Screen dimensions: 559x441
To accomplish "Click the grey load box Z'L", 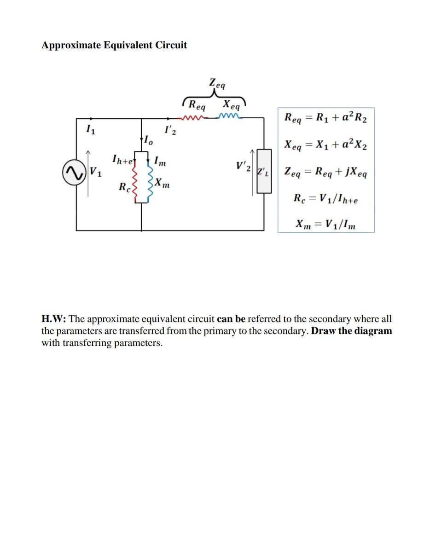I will click(x=263, y=171).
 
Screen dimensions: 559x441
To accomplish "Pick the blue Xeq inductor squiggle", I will click(x=230, y=116).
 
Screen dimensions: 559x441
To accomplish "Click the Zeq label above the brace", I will click(x=217, y=84).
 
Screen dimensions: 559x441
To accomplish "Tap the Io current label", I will click(x=147, y=140).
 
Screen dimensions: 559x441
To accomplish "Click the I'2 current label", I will click(x=169, y=131).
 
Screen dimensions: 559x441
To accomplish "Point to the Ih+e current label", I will click(x=122, y=160).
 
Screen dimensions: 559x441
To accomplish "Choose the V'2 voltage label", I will click(x=243, y=167).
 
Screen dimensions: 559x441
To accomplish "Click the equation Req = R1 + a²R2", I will click(x=325, y=118).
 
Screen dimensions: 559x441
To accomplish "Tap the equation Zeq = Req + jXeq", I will click(x=325, y=173).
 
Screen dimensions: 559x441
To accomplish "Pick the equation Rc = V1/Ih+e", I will click(x=325, y=199).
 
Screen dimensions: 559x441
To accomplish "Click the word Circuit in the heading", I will click(x=170, y=45).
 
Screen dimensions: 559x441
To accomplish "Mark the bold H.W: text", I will click(x=54, y=319).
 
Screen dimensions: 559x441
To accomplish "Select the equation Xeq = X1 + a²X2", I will click(x=325, y=145).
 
